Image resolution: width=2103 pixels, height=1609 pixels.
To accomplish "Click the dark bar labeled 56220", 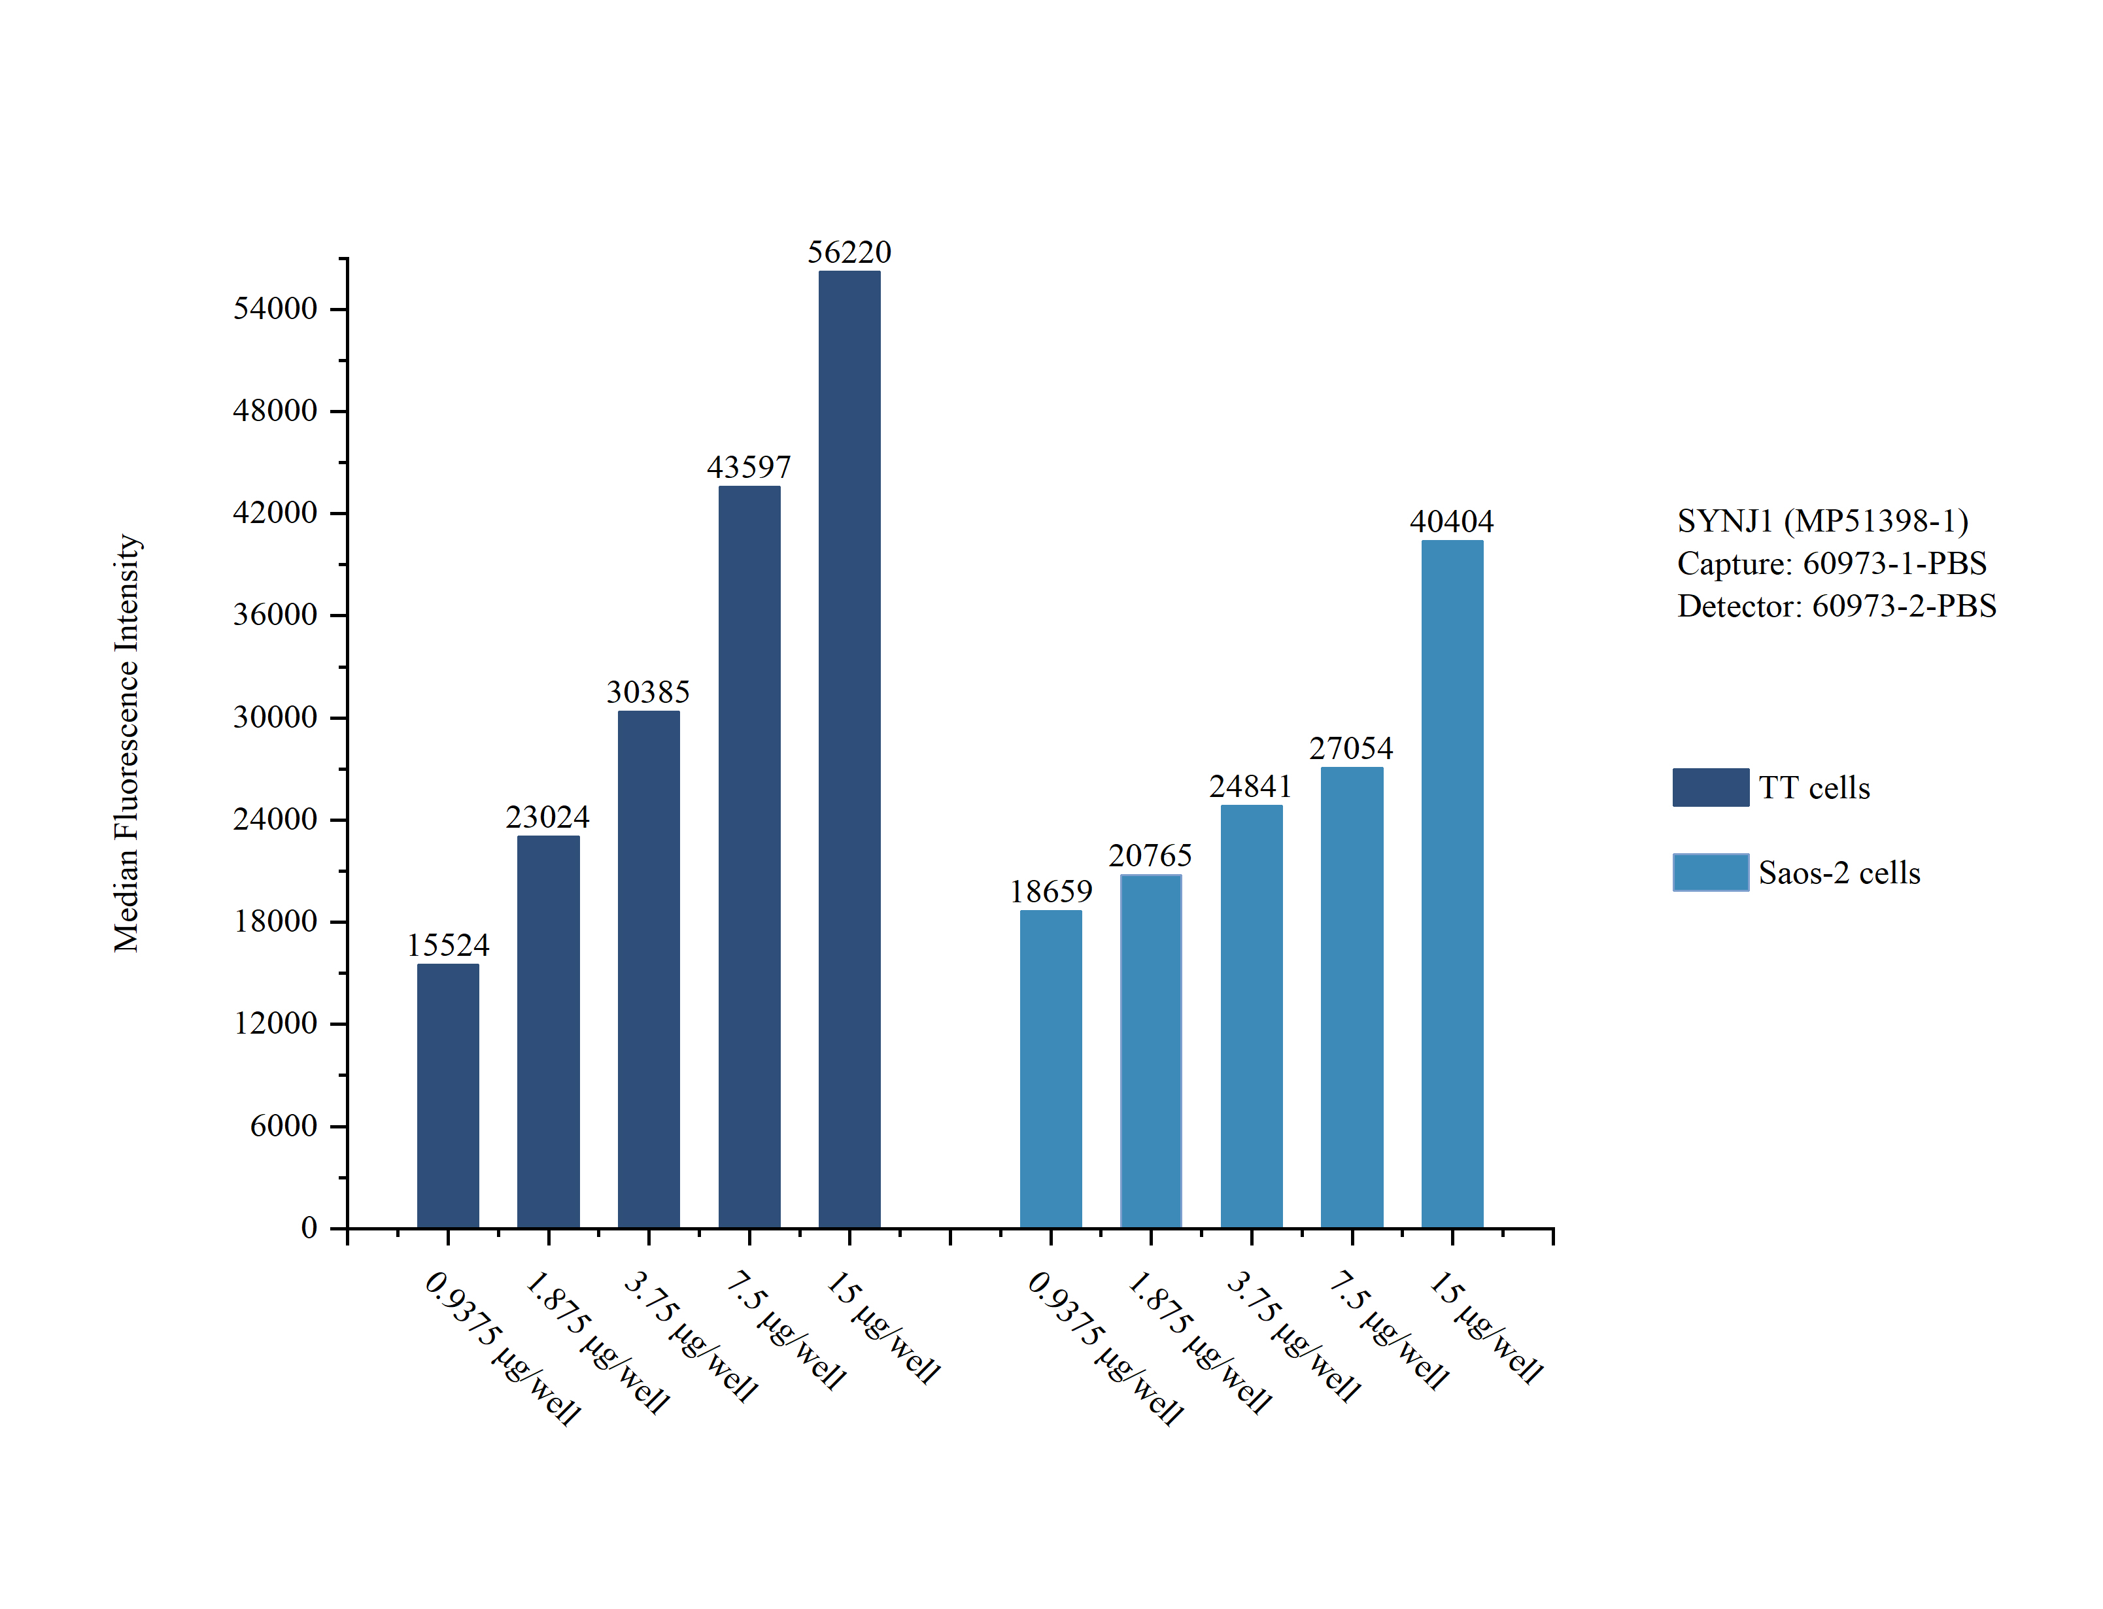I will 849,748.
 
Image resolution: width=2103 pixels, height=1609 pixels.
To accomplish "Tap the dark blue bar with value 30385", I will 648,968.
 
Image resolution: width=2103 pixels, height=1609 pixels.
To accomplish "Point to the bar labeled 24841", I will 1251,1015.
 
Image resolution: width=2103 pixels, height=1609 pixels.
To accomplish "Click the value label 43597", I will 748,467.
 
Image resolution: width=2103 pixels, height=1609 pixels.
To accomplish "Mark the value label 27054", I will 1350,748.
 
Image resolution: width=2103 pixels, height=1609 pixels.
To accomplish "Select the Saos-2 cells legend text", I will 1839,873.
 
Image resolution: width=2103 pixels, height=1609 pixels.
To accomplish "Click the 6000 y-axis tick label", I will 282,1125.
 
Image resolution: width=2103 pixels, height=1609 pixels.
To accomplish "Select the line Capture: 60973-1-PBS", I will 1831,563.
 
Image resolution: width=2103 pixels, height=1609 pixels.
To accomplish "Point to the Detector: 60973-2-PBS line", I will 1836,605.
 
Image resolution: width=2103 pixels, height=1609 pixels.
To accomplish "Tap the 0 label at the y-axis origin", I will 309,1228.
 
